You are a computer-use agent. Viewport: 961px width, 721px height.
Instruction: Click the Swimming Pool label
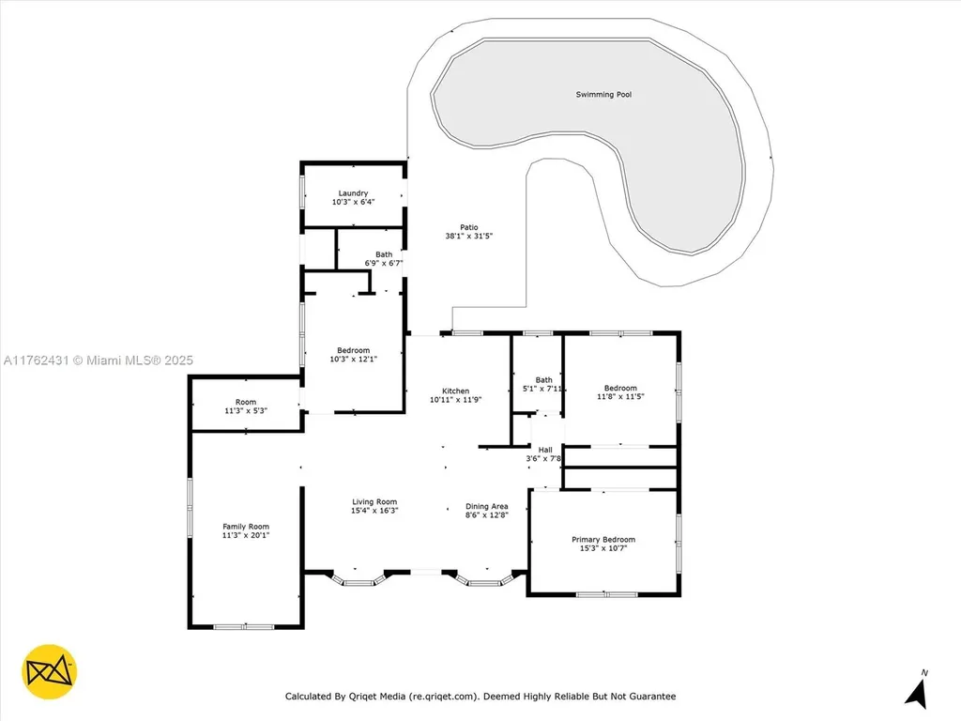[603, 94]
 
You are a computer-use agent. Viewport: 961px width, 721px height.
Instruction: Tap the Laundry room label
[354, 193]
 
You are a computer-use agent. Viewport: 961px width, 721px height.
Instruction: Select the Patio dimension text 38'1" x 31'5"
[468, 237]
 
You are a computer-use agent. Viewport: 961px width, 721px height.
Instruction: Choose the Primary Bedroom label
[603, 540]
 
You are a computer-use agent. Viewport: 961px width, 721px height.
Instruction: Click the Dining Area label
[487, 507]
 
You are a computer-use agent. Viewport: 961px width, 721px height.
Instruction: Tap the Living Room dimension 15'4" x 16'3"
[374, 512]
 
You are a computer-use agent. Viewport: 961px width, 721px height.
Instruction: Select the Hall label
[545, 450]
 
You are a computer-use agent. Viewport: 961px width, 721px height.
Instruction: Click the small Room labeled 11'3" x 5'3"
[246, 407]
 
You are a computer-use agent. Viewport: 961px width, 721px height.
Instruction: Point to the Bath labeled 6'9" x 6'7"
[384, 258]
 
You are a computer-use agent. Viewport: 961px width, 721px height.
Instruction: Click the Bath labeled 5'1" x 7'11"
[544, 384]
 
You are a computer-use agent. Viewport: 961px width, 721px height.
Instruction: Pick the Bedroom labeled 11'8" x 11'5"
[620, 392]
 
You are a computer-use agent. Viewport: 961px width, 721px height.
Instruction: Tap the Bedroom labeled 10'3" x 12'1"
[354, 355]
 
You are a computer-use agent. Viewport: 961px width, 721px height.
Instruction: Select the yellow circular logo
[50, 671]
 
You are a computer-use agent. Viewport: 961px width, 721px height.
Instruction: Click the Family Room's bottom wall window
[244, 626]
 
